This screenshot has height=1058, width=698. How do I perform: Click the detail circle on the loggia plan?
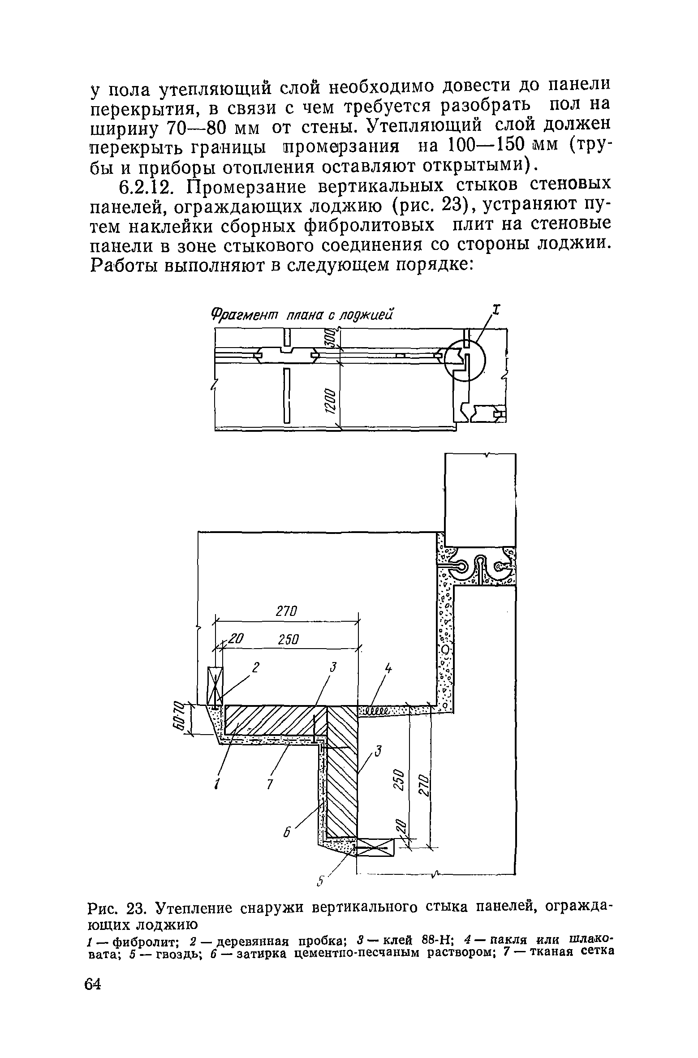click(x=465, y=360)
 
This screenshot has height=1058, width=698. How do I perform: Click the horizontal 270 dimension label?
click(x=288, y=611)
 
